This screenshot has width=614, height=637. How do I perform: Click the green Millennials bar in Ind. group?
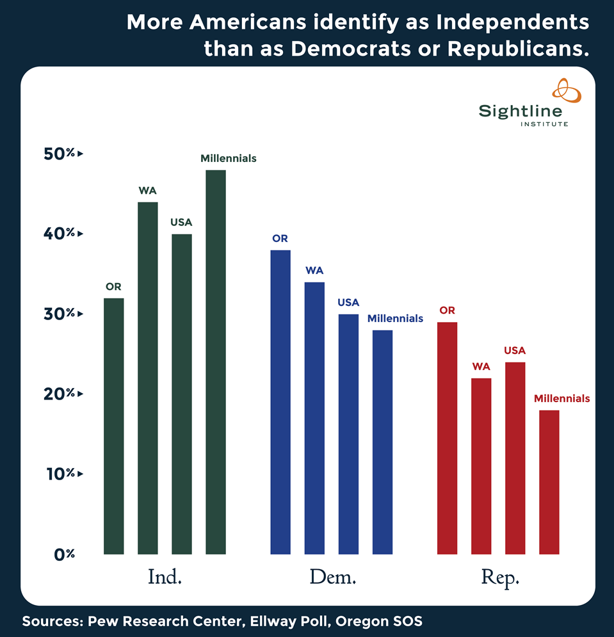[x=215, y=362]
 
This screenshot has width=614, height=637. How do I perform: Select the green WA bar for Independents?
[x=148, y=378]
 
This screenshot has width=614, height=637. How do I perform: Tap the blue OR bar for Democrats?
[x=280, y=402]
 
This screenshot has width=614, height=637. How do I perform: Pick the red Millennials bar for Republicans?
[x=549, y=482]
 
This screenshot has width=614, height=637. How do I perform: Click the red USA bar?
[x=515, y=458]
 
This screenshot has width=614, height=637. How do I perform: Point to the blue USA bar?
[x=348, y=434]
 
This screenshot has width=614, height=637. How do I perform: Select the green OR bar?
[x=114, y=426]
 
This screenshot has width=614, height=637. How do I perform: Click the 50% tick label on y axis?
[x=60, y=154]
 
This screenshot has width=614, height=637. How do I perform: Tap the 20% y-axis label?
[x=60, y=394]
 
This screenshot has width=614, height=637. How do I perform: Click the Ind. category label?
[x=165, y=577]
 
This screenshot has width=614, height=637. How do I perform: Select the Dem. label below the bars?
[x=332, y=577]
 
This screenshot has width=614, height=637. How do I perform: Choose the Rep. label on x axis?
[x=499, y=577]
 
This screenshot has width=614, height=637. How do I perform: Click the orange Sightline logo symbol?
[x=566, y=90]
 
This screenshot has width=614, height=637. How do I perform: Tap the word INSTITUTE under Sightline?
[x=543, y=124]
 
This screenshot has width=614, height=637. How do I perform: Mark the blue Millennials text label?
[x=395, y=318]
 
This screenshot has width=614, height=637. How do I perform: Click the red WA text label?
[x=481, y=367]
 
